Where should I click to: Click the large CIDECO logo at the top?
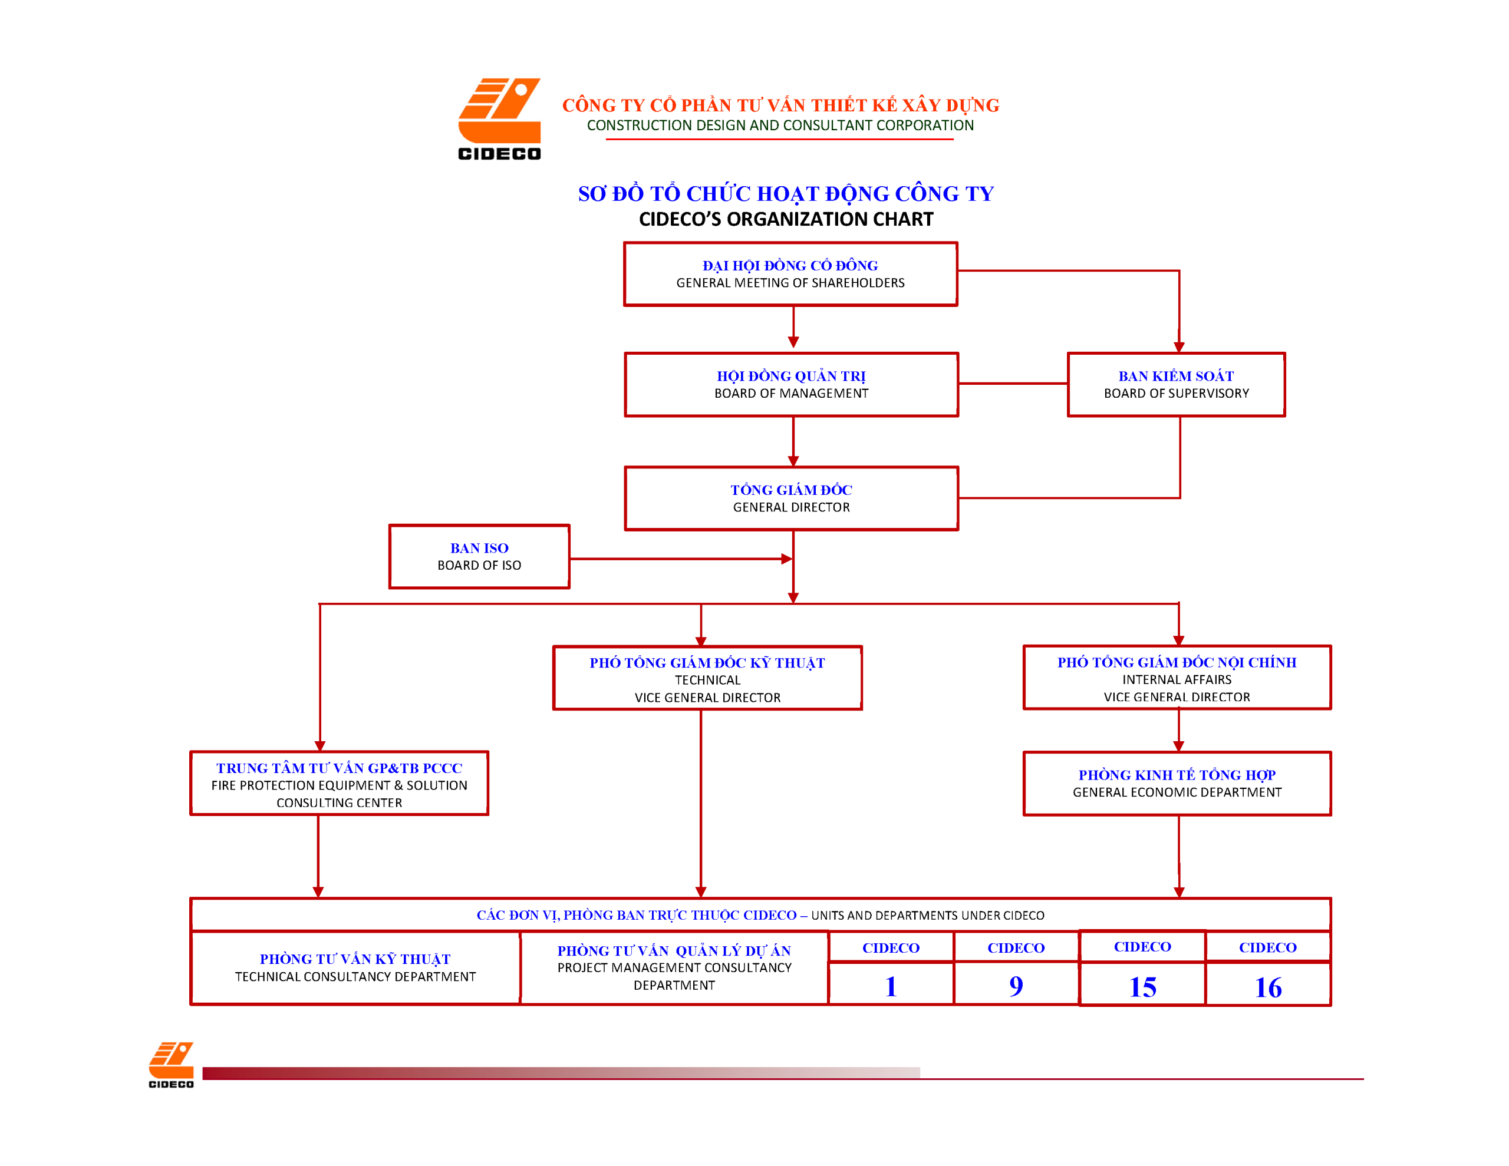499,119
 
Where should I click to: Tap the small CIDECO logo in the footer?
171,1065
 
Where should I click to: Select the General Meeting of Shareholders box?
790,274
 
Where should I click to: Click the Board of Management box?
791,385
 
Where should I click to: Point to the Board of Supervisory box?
1176,385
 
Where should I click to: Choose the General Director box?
791,498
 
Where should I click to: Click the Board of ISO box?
479,557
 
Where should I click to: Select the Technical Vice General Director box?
707,678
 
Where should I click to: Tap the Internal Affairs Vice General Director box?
1177,678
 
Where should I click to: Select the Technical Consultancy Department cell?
355,967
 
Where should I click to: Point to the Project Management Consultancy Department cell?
674,967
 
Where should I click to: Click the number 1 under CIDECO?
891,986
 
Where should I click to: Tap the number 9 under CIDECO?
1016,986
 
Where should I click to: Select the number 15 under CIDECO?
1142,986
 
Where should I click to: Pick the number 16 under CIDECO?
1268,987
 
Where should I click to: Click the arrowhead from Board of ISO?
786,559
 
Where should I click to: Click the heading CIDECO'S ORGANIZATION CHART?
786,220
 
